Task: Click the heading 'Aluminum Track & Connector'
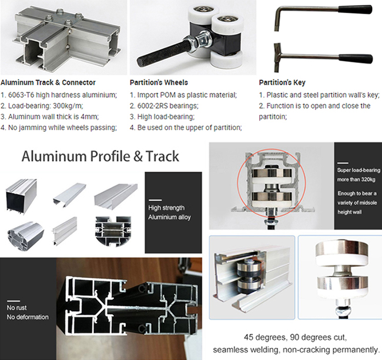pos(48,82)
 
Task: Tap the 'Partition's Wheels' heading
pos(159,82)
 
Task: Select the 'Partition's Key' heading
pos(282,82)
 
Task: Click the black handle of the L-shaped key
pos(355,10)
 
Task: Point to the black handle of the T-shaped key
pos(355,58)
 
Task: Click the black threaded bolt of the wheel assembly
pos(162,52)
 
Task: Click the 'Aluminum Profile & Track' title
pos(100,156)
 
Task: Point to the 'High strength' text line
pos(166,208)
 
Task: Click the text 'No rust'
pos(16,308)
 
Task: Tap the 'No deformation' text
pos(28,317)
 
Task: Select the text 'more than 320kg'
pos(356,179)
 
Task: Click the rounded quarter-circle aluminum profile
pos(26,234)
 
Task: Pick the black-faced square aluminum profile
pos(21,197)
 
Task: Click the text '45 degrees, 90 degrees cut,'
pos(295,337)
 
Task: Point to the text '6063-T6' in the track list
pos(21,95)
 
